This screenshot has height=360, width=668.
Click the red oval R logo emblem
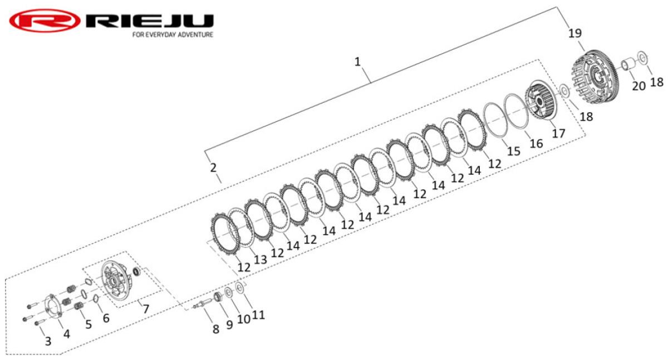pyautogui.click(x=45, y=20)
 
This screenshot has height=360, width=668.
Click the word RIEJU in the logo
pyautogui.click(x=150, y=21)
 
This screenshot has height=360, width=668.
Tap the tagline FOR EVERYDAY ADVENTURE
pyautogui.click(x=173, y=34)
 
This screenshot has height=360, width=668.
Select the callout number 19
pyautogui.click(x=575, y=33)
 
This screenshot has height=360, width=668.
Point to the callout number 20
pyautogui.click(x=638, y=86)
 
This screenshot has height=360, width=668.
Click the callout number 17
pyautogui.click(x=558, y=133)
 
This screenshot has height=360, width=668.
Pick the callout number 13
pyautogui.click(x=261, y=260)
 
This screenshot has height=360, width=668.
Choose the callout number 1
pyautogui.click(x=357, y=62)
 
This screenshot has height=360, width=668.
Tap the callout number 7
pyautogui.click(x=146, y=309)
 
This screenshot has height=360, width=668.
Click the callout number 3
pyautogui.click(x=48, y=341)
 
